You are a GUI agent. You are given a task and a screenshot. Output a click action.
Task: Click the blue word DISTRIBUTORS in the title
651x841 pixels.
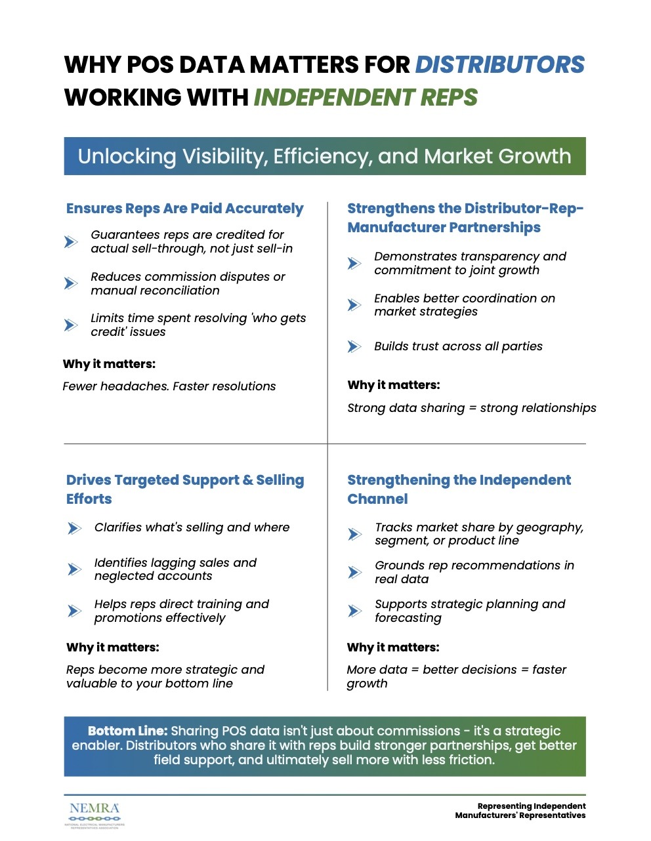(x=499, y=65)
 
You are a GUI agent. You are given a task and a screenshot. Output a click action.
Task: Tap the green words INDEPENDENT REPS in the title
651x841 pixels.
(x=366, y=98)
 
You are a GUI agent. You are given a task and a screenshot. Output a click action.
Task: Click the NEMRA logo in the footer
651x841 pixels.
(x=94, y=814)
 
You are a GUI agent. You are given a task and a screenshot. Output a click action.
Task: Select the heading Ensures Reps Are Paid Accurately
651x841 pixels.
(x=184, y=209)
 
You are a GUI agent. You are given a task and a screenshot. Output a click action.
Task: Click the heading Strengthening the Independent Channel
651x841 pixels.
(x=459, y=489)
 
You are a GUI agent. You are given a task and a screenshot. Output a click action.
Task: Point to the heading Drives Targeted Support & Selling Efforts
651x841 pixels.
(x=185, y=489)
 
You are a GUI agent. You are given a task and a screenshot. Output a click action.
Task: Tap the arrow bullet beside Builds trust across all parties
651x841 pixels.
(x=354, y=346)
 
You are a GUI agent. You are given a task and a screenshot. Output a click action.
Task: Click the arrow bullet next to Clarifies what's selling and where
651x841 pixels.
(x=75, y=528)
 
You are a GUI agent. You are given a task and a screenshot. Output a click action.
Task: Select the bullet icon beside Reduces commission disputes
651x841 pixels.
(x=71, y=283)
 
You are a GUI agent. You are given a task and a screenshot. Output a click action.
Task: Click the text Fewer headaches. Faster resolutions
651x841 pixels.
(x=169, y=386)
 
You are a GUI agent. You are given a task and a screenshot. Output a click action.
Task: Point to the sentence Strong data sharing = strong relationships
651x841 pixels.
(x=471, y=408)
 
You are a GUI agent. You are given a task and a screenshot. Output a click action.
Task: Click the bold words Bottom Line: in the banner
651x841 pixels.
(x=128, y=731)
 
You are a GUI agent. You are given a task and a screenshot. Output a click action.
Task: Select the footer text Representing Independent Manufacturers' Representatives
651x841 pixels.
(x=520, y=811)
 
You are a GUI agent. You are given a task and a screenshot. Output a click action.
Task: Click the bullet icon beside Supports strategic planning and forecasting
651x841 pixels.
(x=354, y=611)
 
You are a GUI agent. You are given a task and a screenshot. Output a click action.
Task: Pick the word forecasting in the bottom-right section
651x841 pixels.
(x=408, y=618)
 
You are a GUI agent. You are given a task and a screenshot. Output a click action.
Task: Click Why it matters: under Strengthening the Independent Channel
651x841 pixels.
(x=393, y=647)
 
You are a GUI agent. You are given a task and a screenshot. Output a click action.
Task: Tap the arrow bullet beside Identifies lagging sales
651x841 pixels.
(x=75, y=569)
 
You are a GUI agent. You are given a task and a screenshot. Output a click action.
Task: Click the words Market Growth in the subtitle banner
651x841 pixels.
(x=497, y=156)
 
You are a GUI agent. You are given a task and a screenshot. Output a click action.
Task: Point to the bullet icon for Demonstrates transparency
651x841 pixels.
(x=354, y=263)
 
